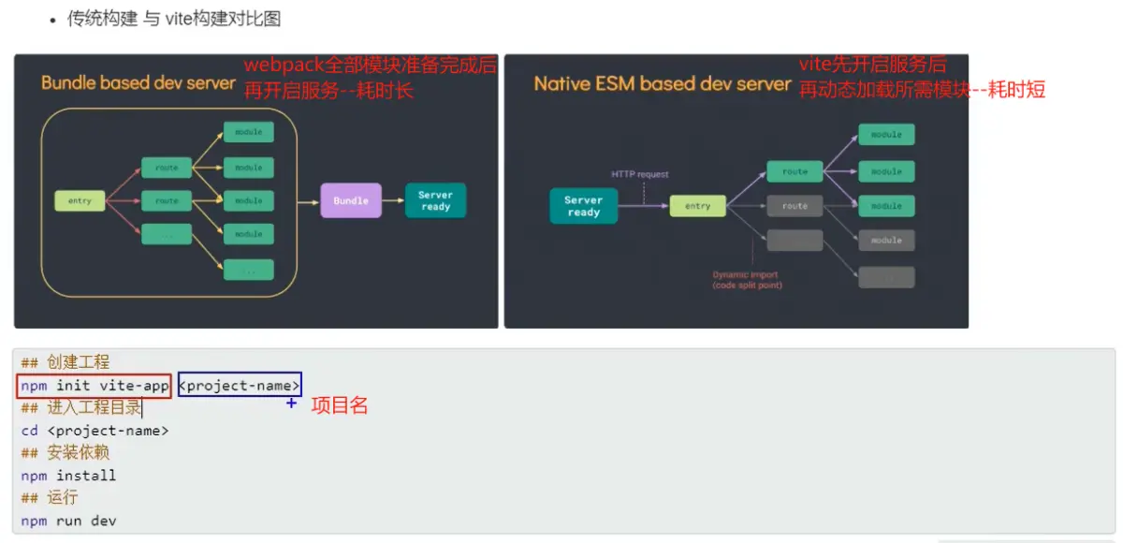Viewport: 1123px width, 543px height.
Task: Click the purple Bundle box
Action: tap(351, 200)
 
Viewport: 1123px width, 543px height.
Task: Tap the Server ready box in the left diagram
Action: tap(435, 200)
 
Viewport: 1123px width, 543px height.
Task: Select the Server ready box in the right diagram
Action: tap(583, 206)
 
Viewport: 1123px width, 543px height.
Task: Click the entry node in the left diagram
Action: tap(80, 200)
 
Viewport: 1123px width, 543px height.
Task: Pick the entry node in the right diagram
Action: tap(697, 206)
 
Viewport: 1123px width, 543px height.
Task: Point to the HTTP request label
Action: tap(640, 174)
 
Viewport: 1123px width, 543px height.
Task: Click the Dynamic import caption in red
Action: tap(746, 280)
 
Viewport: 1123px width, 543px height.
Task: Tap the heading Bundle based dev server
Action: tap(139, 82)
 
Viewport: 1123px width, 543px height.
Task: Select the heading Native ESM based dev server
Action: tap(663, 83)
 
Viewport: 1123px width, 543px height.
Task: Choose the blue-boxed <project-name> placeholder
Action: tap(240, 385)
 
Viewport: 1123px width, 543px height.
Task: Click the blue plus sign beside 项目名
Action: tap(291, 403)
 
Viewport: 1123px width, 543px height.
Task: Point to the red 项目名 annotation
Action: tap(339, 405)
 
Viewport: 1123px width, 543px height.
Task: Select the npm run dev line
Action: tap(69, 521)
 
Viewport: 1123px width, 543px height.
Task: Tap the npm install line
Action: tap(69, 476)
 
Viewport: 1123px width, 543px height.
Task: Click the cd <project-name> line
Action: tap(95, 431)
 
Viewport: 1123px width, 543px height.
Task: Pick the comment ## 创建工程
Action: tap(66, 362)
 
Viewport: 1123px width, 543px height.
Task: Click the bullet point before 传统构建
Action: tap(53, 20)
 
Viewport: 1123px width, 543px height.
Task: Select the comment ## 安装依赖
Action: tap(66, 453)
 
